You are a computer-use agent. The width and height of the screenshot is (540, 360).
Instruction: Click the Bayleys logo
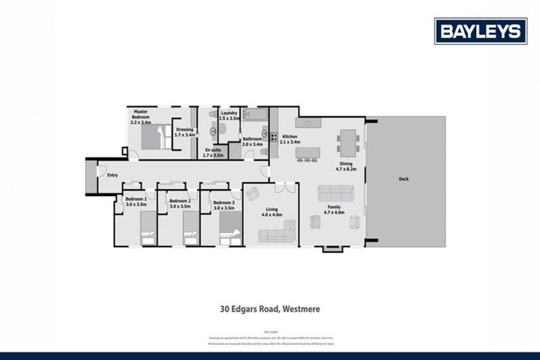click(x=480, y=31)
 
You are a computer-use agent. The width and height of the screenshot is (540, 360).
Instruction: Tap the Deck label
click(x=404, y=179)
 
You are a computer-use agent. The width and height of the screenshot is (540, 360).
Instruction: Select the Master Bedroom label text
click(x=141, y=115)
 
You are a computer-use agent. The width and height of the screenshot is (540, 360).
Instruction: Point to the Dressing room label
click(x=185, y=131)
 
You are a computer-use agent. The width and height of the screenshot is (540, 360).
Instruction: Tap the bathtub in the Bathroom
click(x=254, y=113)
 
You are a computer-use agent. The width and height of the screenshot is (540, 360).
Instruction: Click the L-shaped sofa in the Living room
click(x=276, y=235)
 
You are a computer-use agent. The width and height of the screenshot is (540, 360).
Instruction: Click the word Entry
click(x=102, y=174)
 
